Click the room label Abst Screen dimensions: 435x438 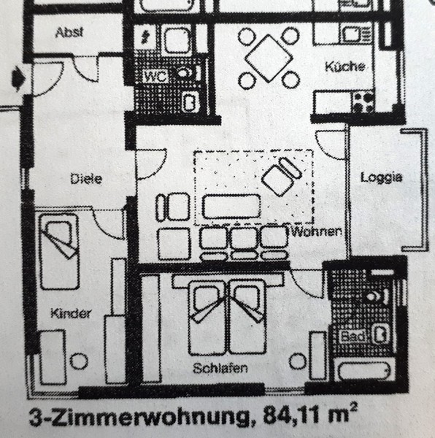pyautogui.click(x=69, y=32)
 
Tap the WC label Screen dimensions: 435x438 pyautogui.click(x=155, y=76)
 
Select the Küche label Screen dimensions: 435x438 pyautogui.click(x=345, y=66)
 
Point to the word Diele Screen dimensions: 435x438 pyautogui.click(x=86, y=179)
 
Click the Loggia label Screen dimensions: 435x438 pyautogui.click(x=382, y=177)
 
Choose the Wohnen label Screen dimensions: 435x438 pyautogui.click(x=317, y=231)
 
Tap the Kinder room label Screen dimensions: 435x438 pyautogui.click(x=71, y=313)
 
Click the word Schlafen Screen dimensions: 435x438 pyautogui.click(x=220, y=368)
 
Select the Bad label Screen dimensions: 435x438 pyautogui.click(x=353, y=336)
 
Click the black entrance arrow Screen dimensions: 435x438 pyautogui.click(x=18, y=78)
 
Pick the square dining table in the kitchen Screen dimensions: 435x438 pyautogui.click(x=269, y=58)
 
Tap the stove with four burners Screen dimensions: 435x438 pyautogui.click(x=363, y=102)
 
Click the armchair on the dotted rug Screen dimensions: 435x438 pyautogui.click(x=282, y=176)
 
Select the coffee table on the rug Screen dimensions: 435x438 pyautogui.click(x=231, y=207)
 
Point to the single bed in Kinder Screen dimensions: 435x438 pyautogui.click(x=59, y=251)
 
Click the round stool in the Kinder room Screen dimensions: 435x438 pyautogui.click(x=79, y=361)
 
